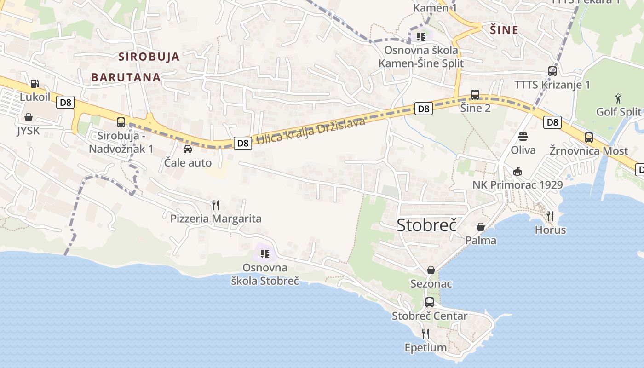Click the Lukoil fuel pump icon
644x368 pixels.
point(34,84)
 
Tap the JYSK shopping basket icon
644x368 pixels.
point(29,118)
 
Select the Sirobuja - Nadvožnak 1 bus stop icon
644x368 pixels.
point(121,122)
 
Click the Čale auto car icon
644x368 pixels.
point(188,149)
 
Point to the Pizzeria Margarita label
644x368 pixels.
point(216,218)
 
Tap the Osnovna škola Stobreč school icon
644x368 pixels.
point(264,253)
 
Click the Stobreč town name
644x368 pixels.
point(426,225)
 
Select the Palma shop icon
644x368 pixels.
point(481,227)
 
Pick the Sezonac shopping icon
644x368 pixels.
point(431,270)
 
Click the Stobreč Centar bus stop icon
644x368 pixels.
point(430,302)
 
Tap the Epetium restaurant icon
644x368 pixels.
point(425,333)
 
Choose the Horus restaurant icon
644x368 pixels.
point(550,216)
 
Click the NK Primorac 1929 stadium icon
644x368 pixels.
point(517,171)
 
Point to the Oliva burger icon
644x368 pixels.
point(523,137)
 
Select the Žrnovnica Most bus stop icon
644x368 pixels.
point(589,137)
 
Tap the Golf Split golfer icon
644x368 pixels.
point(618,98)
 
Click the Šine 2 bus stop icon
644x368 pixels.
point(475,95)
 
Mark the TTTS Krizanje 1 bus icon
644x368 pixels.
point(552,71)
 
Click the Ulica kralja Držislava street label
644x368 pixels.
point(310,131)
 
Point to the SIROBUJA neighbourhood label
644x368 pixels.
point(149,57)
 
